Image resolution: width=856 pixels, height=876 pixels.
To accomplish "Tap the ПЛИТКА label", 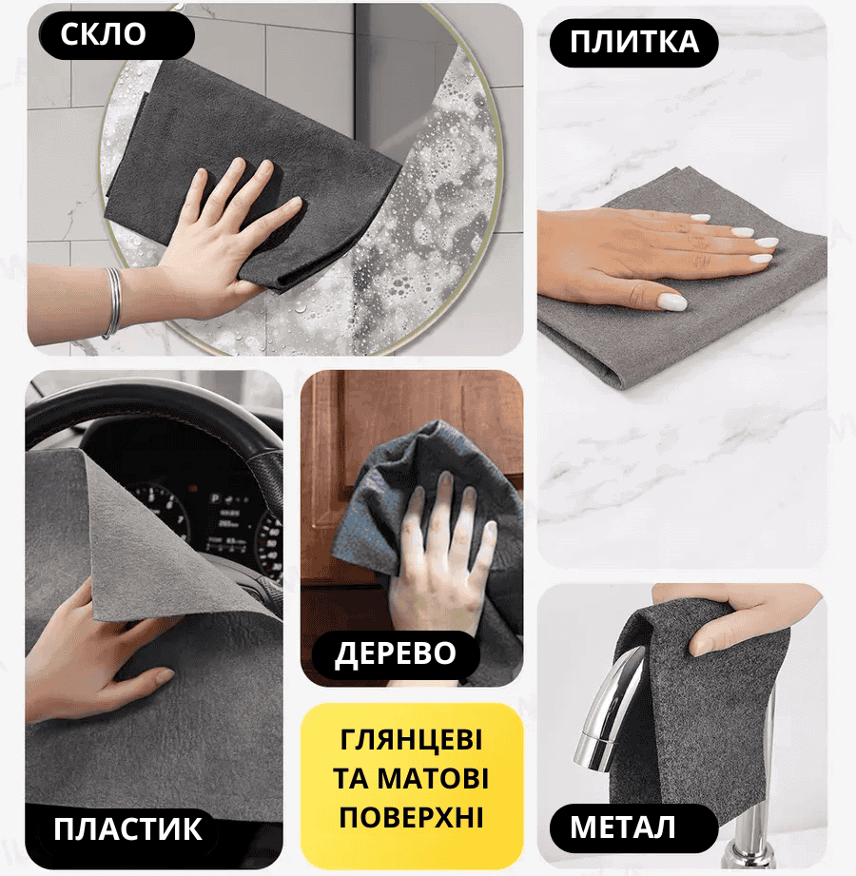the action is click(634, 43).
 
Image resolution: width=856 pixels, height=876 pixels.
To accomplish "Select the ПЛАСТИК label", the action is click(128, 829).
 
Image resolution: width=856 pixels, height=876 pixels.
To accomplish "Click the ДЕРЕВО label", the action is click(396, 653).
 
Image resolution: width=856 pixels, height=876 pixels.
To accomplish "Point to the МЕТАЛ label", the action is click(622, 827).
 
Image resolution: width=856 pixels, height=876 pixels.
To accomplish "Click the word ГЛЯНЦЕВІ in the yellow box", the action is click(411, 740).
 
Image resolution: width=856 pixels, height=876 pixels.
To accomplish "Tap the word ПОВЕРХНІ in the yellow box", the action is click(411, 817).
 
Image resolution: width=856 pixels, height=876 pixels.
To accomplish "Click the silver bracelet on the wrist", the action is click(112, 302).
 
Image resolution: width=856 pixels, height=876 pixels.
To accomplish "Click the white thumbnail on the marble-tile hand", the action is click(672, 302).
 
